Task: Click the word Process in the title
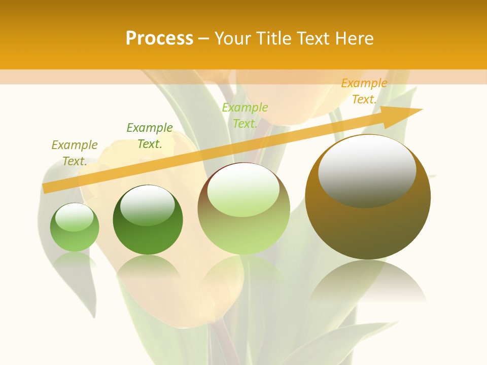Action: (159, 39)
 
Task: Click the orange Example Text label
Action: (364, 91)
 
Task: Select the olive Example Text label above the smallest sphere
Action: (75, 153)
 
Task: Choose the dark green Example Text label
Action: (150, 136)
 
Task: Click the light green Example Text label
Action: (245, 116)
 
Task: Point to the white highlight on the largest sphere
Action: (367, 170)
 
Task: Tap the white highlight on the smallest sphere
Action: (74, 217)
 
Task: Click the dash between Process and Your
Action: (203, 39)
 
